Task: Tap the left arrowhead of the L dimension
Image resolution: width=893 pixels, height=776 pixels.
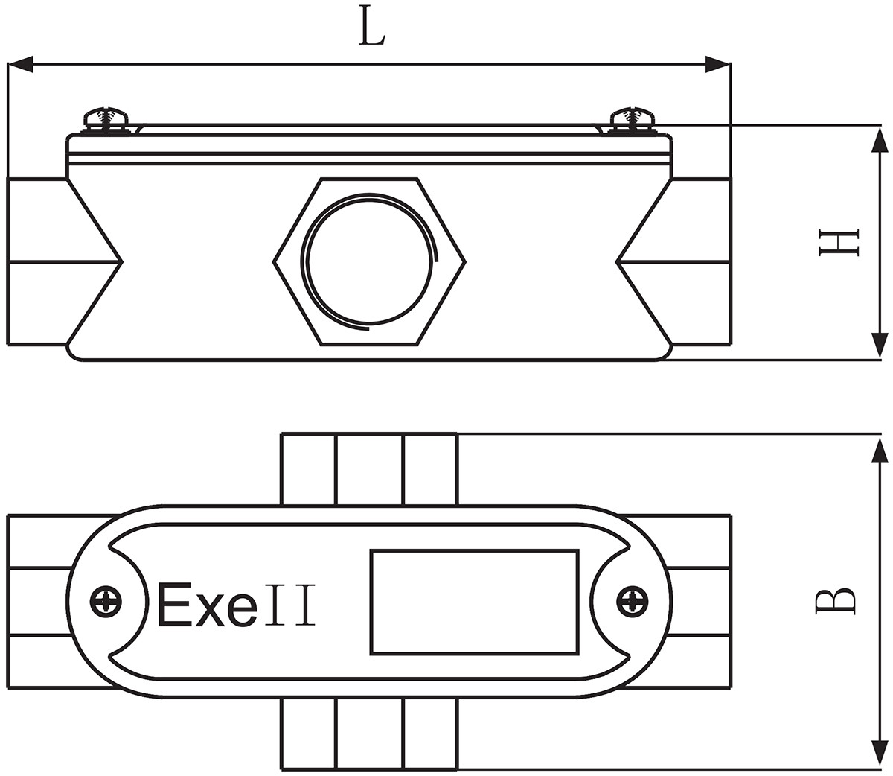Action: pos(21,65)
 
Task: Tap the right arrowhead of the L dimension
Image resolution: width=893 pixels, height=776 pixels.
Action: pos(717,65)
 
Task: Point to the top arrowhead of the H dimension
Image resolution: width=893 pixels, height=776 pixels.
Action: pos(880,139)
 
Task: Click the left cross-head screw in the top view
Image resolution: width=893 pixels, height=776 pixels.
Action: pos(105,601)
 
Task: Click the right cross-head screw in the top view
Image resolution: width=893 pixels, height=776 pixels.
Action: pos(633,601)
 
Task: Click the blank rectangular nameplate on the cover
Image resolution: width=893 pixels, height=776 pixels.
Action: pos(473,602)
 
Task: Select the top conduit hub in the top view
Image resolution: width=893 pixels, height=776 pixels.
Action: pos(369,468)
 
